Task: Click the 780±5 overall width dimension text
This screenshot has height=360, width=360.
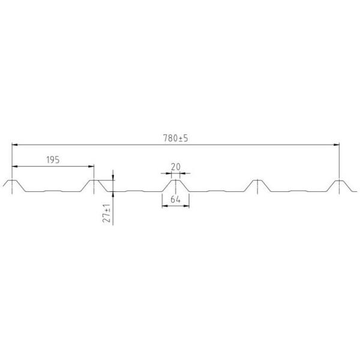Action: (x=175, y=138)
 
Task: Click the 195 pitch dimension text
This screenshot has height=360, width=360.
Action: (x=53, y=160)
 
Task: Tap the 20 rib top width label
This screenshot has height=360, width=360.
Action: (x=176, y=167)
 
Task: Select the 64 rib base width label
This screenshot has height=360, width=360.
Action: (x=175, y=200)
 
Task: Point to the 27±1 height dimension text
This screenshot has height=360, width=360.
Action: (x=107, y=213)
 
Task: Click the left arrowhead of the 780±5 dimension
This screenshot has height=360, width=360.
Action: (x=14, y=145)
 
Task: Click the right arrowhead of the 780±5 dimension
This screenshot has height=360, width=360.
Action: (x=337, y=145)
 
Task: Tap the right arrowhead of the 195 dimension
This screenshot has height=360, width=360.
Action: (x=91, y=166)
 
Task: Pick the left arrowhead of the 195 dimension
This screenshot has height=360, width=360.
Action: (x=14, y=166)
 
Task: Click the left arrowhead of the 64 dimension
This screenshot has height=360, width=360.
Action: (x=165, y=206)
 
